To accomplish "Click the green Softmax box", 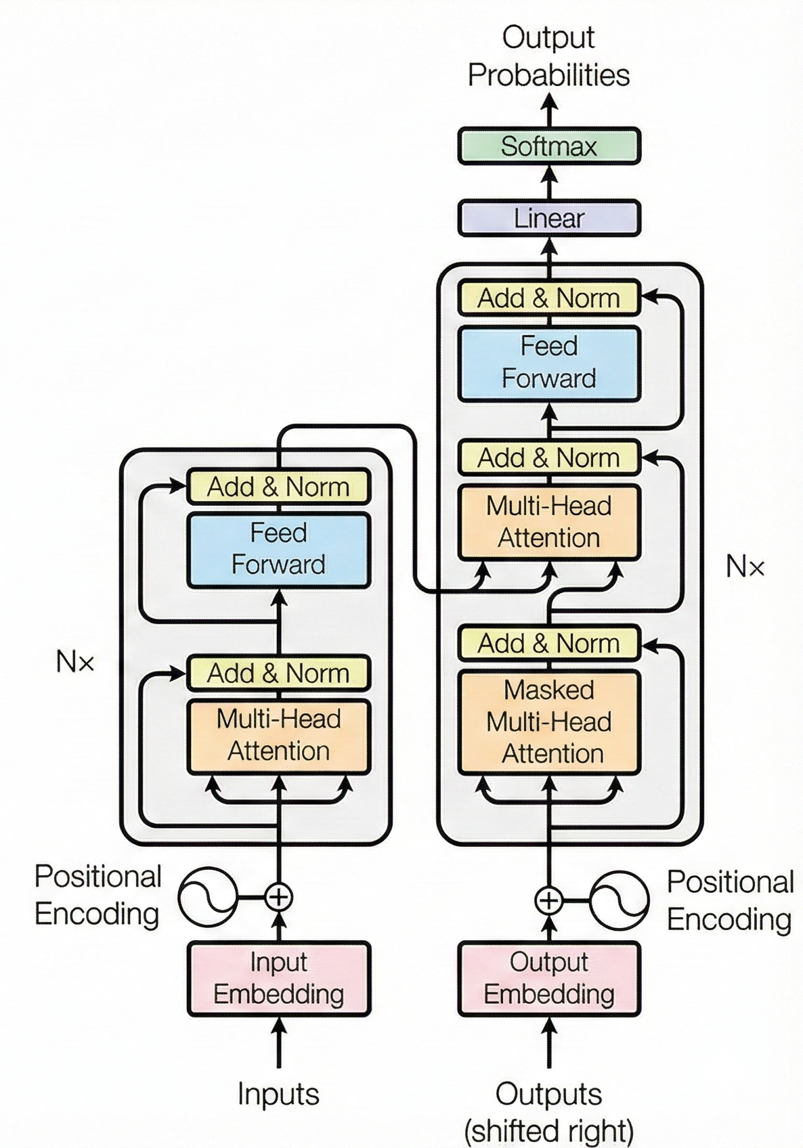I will coord(548,146).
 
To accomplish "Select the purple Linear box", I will coord(548,218).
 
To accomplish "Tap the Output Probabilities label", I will coord(548,56).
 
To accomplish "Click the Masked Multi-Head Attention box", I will coord(548,722).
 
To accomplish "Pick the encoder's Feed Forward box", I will coord(278,549).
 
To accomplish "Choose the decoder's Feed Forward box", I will coord(548,363).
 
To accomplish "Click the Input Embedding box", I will coord(278,978).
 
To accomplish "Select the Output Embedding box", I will coord(548,978).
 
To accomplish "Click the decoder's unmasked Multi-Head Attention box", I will coord(548,522).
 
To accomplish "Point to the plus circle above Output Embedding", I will coord(548,901).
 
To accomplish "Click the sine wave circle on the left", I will coord(208,897).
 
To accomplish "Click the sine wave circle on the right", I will coord(619,901).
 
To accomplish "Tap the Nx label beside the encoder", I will coord(75,662).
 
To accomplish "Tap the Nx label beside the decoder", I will coord(745,567).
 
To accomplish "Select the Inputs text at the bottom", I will coord(278,1094).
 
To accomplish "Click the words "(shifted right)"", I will coord(548,1130).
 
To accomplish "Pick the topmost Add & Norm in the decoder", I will coord(548,298).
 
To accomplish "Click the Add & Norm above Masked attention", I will coord(548,643).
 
